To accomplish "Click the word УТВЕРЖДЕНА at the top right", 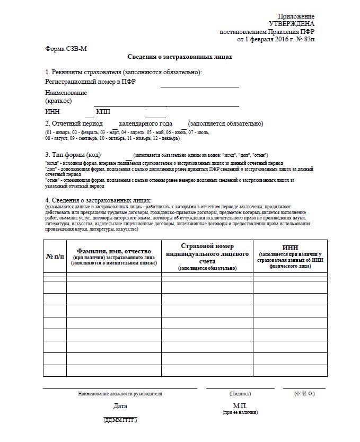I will coord(291,24).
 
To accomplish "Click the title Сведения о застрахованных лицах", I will coord(180,56).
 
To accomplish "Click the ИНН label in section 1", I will coord(52,112).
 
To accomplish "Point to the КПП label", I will coord(103,112).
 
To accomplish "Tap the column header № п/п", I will coord(55,256).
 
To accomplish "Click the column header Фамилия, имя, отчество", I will coord(115,251).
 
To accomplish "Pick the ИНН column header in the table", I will coord(290,247).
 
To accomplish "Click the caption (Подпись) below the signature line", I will coord(240,394).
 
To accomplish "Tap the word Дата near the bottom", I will coord(120,406).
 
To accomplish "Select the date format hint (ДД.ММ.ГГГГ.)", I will coord(120,420).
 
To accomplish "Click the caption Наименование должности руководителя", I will coord(120,394).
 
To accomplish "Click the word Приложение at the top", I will coord(296,16).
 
